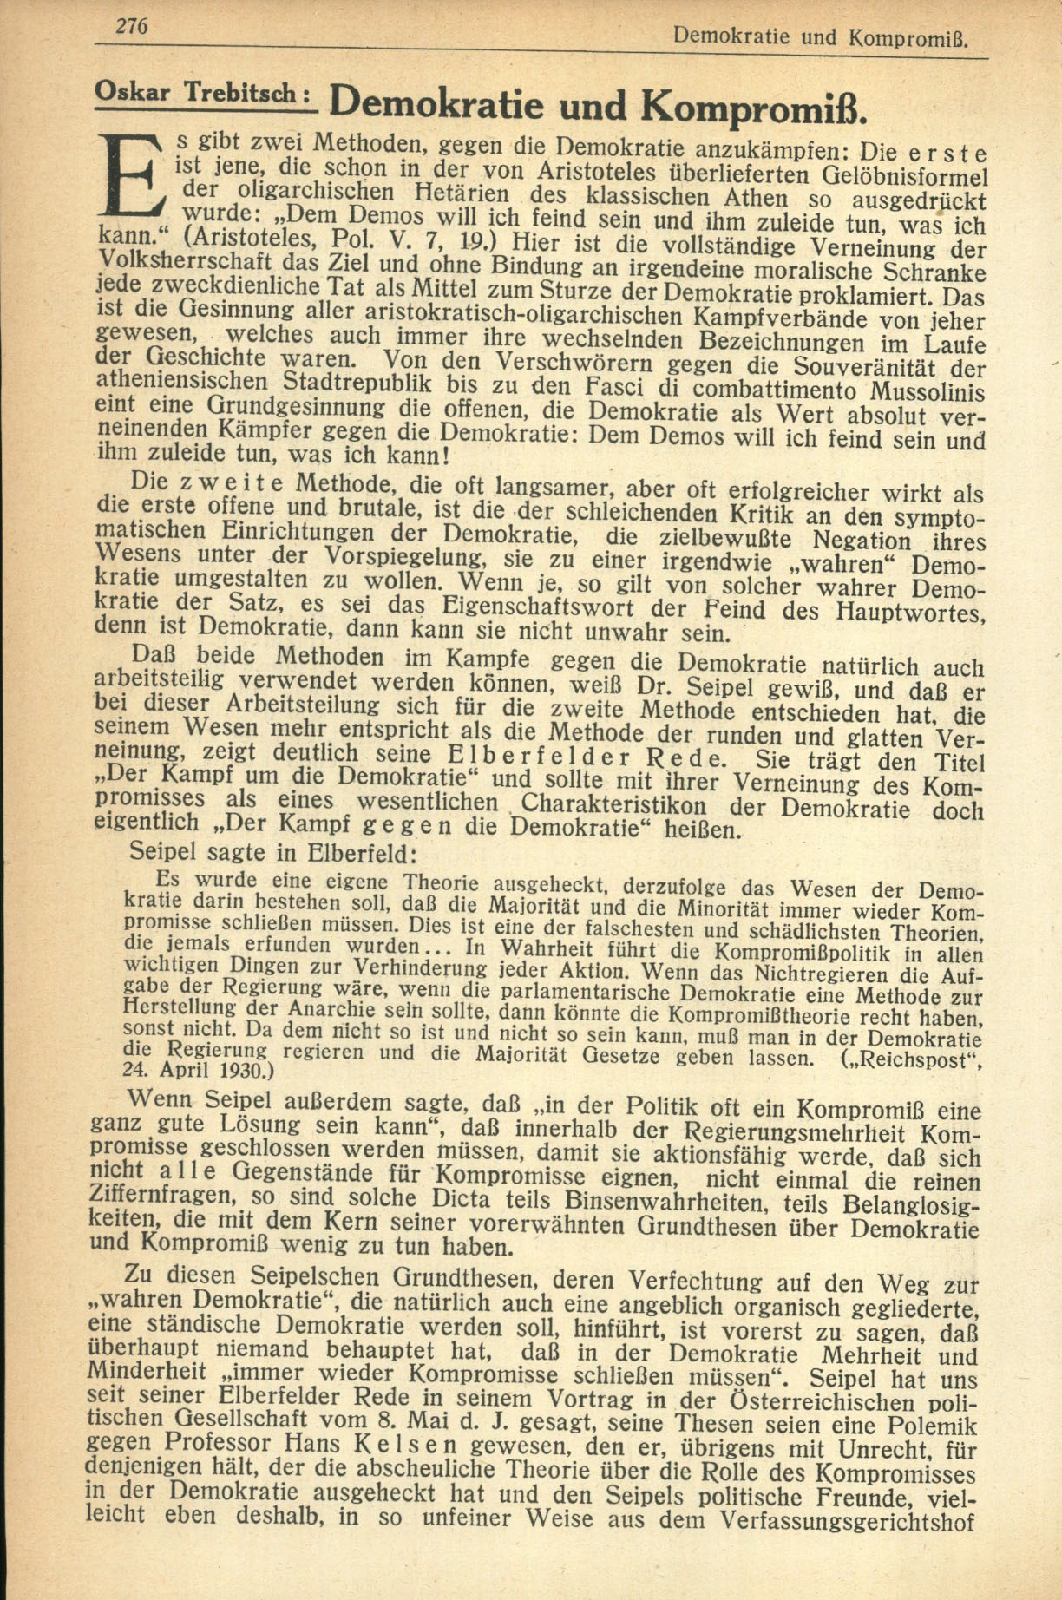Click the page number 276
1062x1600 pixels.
133,27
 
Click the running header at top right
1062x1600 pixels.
820,37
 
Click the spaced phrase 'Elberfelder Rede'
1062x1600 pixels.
585,755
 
